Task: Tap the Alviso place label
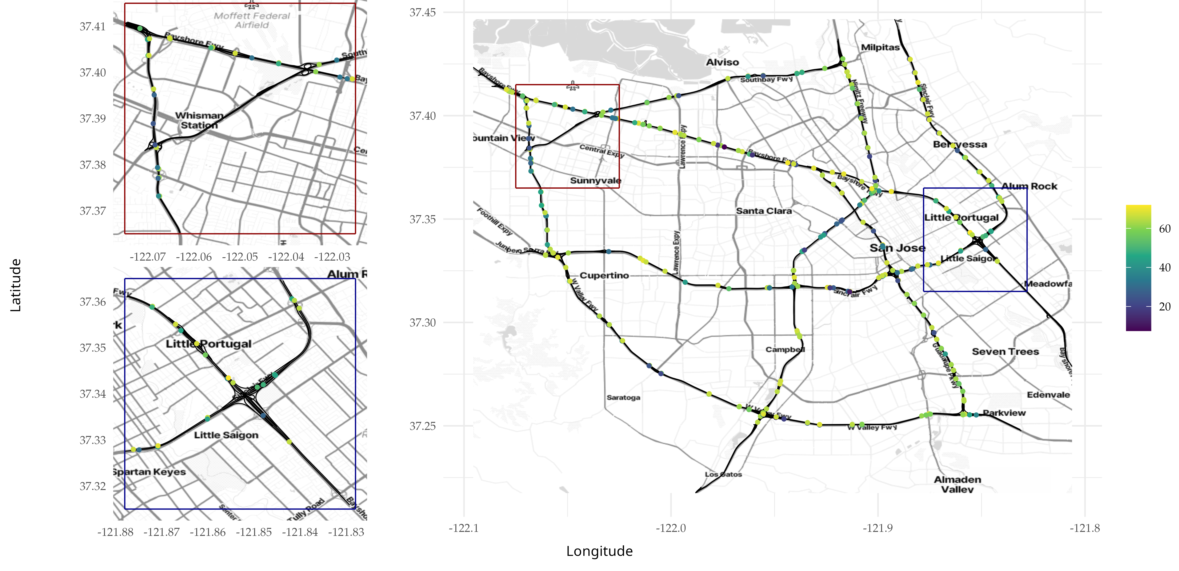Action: click(722, 62)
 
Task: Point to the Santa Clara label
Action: click(763, 211)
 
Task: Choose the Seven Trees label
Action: click(1005, 352)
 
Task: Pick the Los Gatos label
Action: click(723, 474)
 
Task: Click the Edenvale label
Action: click(1048, 395)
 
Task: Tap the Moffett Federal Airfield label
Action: click(252, 20)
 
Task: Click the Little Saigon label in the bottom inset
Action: click(226, 435)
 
